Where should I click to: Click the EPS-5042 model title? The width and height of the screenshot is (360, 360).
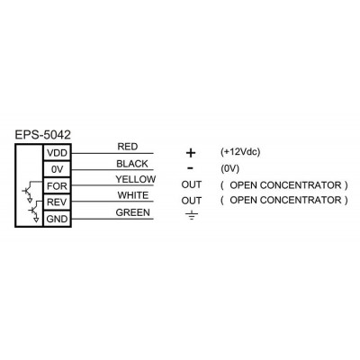(x=43, y=135)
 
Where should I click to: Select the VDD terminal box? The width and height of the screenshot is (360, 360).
(x=58, y=153)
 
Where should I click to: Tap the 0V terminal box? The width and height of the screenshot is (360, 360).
(x=58, y=169)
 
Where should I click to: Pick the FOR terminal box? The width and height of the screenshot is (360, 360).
(x=58, y=186)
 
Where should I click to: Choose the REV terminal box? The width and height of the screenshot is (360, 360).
(x=58, y=202)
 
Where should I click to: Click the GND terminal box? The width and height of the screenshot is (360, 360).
(x=58, y=219)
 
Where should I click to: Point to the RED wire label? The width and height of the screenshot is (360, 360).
(x=128, y=147)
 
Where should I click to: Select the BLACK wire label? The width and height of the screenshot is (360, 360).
(x=132, y=164)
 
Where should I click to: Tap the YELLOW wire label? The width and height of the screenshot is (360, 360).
(x=136, y=179)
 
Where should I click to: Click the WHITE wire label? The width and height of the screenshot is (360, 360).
(x=133, y=195)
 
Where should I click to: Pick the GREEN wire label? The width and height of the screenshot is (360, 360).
(x=133, y=212)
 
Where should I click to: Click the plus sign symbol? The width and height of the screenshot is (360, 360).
(x=191, y=153)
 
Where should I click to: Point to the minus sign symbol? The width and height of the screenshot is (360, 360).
(x=190, y=168)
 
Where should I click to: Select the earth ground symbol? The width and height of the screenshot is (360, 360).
(x=192, y=215)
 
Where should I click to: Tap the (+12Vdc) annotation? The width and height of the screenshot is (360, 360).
(x=240, y=152)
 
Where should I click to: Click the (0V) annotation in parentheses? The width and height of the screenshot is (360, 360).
(x=229, y=169)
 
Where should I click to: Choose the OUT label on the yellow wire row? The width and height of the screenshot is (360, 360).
(x=192, y=184)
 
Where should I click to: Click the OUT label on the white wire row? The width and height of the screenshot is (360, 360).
(x=192, y=201)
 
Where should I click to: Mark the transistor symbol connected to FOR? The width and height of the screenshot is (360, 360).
(x=28, y=192)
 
